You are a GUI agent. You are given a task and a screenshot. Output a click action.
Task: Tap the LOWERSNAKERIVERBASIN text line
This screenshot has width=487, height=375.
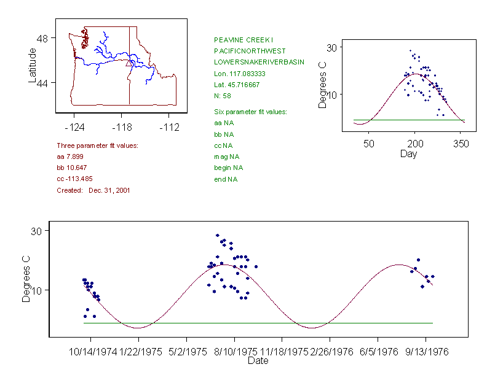click(259, 62)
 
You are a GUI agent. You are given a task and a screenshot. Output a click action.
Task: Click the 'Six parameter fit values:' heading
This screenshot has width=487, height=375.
click(250, 112)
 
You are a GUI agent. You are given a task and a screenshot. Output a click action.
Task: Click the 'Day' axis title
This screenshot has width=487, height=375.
click(408, 153)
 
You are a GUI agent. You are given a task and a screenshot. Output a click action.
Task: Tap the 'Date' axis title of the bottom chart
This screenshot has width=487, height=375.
click(258, 361)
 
